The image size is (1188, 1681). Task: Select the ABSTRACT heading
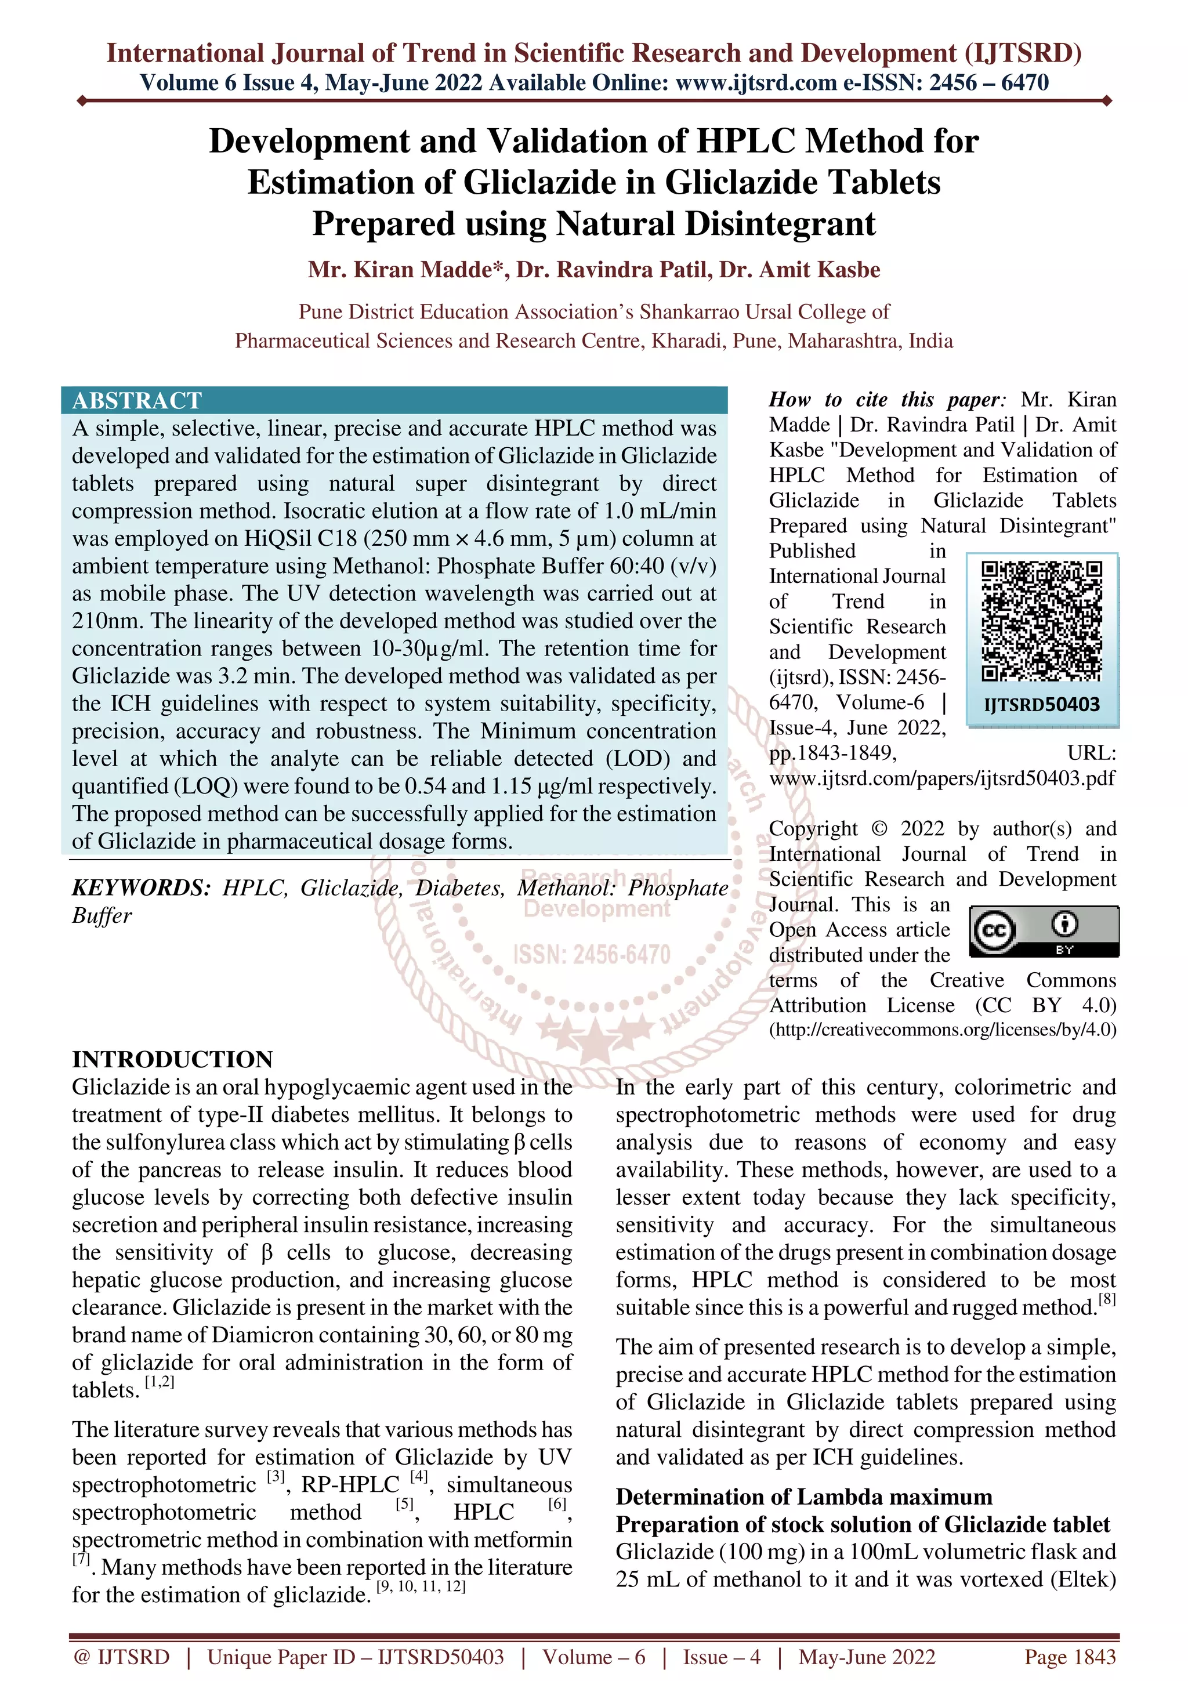(x=137, y=400)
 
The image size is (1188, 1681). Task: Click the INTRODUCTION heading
(x=172, y=1059)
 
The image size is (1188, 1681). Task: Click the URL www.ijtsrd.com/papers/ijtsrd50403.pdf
(x=941, y=778)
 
